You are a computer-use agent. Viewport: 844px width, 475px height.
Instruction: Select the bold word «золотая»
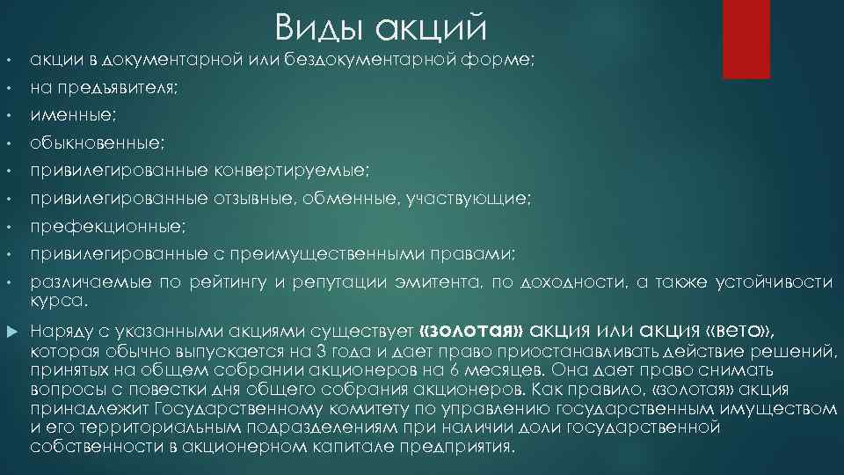473,331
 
